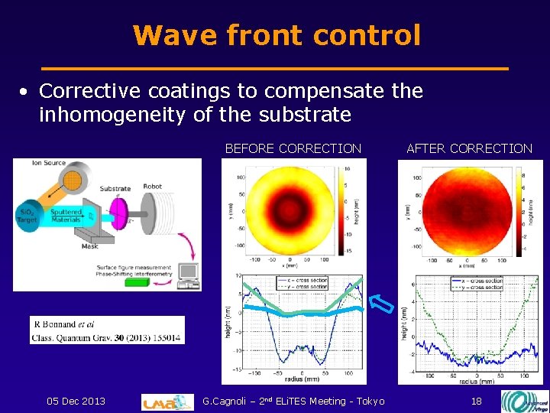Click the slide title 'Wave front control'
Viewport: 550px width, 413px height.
tap(276, 35)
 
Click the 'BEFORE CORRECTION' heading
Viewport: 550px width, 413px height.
tap(293, 148)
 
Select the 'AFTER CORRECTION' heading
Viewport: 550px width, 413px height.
tap(469, 148)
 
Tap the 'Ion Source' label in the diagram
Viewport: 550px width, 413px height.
tap(48, 164)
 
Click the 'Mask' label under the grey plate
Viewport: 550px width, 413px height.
tap(90, 246)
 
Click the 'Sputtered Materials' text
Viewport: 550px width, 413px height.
tap(66, 216)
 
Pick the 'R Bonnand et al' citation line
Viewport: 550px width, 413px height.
tap(65, 324)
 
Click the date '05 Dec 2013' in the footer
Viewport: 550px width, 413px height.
tap(76, 402)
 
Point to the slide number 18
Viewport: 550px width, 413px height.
tap(476, 402)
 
